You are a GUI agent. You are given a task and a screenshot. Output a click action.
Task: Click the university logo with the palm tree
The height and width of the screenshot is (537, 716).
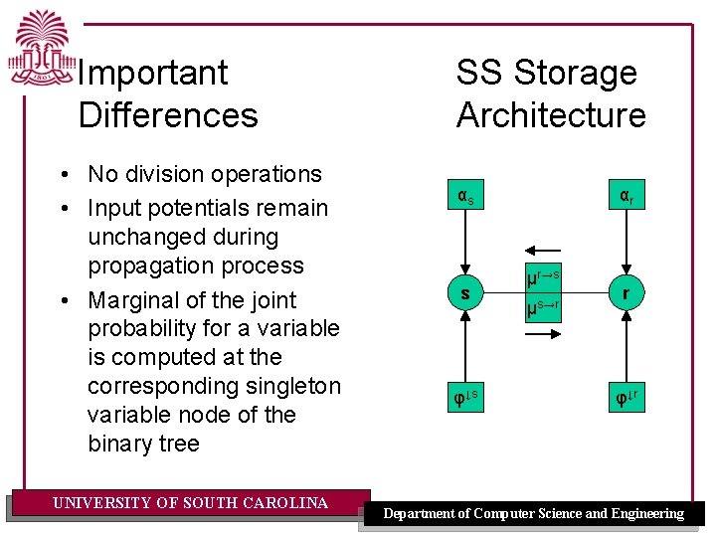pos(41,50)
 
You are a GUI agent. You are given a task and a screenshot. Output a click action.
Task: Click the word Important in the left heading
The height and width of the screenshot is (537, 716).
pos(153,73)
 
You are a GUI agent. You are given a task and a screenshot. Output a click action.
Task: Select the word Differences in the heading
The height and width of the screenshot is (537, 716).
pos(168,115)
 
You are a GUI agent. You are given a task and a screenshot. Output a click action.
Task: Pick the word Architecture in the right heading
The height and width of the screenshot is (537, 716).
pos(551,115)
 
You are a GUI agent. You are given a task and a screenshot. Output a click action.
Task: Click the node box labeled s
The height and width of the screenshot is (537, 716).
pos(464,294)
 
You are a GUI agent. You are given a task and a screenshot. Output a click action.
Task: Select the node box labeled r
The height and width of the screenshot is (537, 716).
pos(626,294)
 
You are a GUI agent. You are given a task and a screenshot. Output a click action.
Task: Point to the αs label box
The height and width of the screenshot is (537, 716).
pos(464,197)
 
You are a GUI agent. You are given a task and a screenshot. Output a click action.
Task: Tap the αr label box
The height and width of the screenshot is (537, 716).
pos(626,197)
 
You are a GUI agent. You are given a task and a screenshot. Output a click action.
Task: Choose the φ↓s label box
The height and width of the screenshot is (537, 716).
pos(464,397)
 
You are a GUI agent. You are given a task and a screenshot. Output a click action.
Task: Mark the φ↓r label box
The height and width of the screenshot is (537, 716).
pos(626,397)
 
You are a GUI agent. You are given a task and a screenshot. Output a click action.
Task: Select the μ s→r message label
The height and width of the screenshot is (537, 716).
pos(543,311)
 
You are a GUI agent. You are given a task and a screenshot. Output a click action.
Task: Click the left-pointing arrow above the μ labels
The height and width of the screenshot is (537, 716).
pos(543,252)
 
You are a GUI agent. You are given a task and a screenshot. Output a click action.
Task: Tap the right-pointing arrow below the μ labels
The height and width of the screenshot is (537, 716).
pos(543,337)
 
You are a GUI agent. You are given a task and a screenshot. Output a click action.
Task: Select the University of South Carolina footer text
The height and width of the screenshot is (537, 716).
pos(190,503)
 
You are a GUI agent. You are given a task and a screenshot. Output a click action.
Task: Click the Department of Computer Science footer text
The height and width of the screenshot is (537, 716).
pos(534,514)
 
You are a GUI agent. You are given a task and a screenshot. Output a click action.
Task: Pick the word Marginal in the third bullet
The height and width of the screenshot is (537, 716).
pos(133,300)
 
